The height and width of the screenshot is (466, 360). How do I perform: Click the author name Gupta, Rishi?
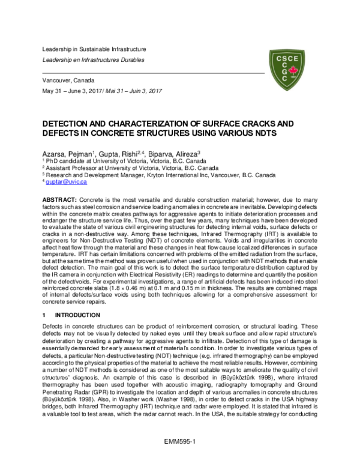coord(121,154)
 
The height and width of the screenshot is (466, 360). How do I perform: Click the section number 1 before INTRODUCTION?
coord(43,315)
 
